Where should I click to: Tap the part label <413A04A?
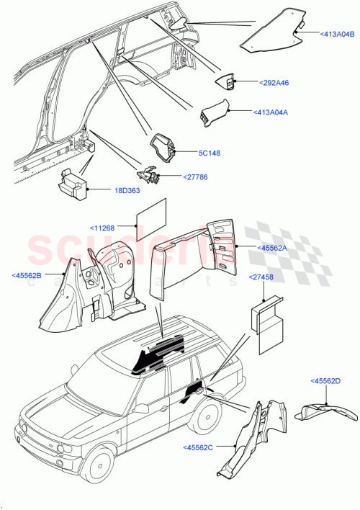(x=274, y=112)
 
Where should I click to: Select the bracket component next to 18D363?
(x=72, y=184)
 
